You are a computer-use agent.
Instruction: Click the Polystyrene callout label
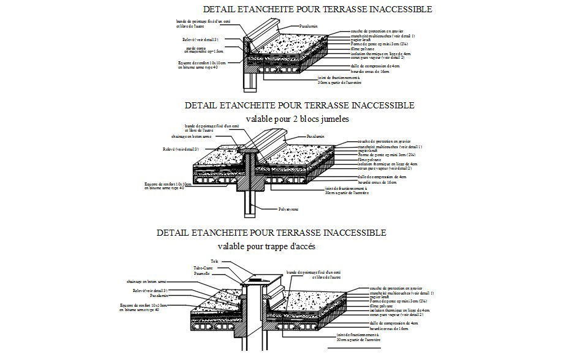click(288, 209)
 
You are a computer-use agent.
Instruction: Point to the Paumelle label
click(203, 274)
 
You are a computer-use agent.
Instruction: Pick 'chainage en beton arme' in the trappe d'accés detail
click(147, 282)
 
